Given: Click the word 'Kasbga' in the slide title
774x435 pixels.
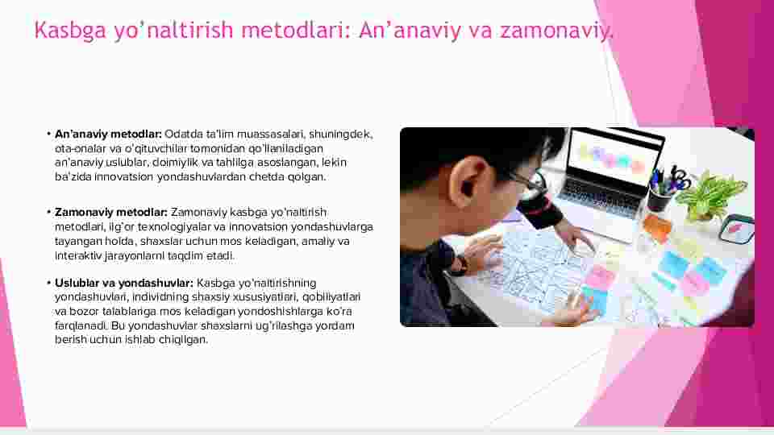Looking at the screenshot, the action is [70, 30].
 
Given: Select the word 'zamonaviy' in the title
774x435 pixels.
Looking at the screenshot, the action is [555, 30].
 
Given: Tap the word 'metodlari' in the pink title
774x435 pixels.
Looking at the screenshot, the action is [295, 30].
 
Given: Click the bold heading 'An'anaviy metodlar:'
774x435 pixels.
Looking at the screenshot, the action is [108, 135].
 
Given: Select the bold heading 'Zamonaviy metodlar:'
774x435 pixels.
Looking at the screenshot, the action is [111, 212].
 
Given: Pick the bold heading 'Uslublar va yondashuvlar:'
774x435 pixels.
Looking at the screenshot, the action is [124, 283].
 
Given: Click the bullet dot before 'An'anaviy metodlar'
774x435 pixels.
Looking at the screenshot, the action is [49, 134].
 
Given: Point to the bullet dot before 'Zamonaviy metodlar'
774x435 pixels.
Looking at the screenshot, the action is [49, 212].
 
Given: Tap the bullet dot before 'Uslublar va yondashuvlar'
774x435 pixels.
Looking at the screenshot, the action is [49, 283].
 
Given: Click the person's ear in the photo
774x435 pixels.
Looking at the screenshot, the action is [468, 184].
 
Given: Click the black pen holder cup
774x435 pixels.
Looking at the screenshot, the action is [659, 199].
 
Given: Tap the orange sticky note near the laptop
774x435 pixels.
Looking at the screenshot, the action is [657, 227].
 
